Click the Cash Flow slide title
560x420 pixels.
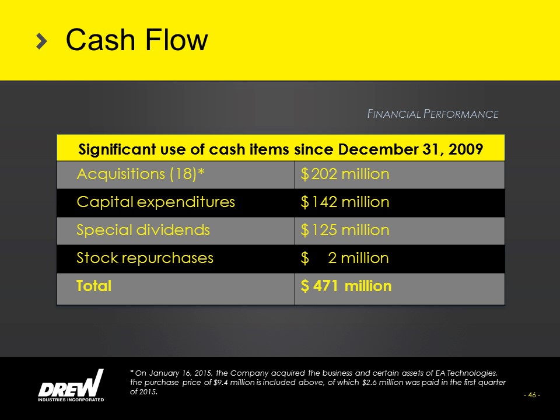(x=136, y=40)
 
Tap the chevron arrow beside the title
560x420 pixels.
(x=42, y=41)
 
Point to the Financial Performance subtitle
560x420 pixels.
(x=433, y=114)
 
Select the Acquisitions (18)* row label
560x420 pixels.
(x=141, y=174)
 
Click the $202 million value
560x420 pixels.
(x=345, y=174)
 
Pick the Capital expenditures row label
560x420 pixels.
(x=156, y=202)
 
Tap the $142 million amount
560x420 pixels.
(x=345, y=202)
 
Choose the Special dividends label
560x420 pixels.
(x=143, y=230)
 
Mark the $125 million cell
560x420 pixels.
(x=345, y=230)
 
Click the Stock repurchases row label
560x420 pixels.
(x=145, y=258)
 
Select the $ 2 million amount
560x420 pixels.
(x=345, y=257)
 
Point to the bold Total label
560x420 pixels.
(x=94, y=286)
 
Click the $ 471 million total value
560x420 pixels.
(x=346, y=286)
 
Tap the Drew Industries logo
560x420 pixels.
(x=71, y=386)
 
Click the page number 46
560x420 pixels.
(x=532, y=395)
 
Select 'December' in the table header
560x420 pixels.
(x=378, y=149)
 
